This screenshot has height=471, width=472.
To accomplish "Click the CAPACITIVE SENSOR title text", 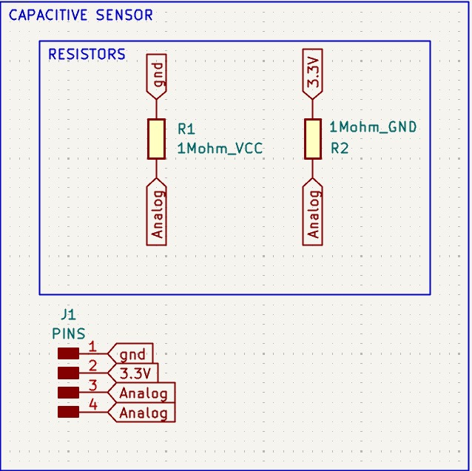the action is pos(81,15).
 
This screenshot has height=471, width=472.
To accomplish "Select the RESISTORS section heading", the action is pos(87,54).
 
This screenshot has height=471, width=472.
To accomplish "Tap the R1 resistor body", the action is pos(156,139).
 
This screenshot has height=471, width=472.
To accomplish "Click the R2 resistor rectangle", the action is pos(312,139).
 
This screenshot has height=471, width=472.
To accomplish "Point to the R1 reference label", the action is pos(186,129).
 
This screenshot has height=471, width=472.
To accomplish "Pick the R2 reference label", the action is pos(340,148).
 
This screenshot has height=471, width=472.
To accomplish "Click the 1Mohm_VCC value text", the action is pos(220,149).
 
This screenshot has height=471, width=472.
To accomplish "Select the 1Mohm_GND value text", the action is pos(373,127).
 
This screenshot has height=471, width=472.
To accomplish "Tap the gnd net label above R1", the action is pos(157,77).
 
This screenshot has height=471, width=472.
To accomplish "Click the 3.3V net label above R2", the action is pos(313,74).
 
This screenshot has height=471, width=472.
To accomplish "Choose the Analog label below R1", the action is pos(157,211).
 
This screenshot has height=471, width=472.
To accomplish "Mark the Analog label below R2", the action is pos(313,211).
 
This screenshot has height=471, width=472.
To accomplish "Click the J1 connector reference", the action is pos(68,315).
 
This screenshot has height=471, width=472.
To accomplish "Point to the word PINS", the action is pos(69,334).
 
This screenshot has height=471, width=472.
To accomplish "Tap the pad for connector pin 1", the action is pos(68,353).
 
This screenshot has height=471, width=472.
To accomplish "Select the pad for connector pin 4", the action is pos(68,412).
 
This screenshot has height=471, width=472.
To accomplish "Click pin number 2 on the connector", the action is pos(92,366).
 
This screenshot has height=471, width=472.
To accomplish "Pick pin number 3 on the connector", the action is pos(93,385).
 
